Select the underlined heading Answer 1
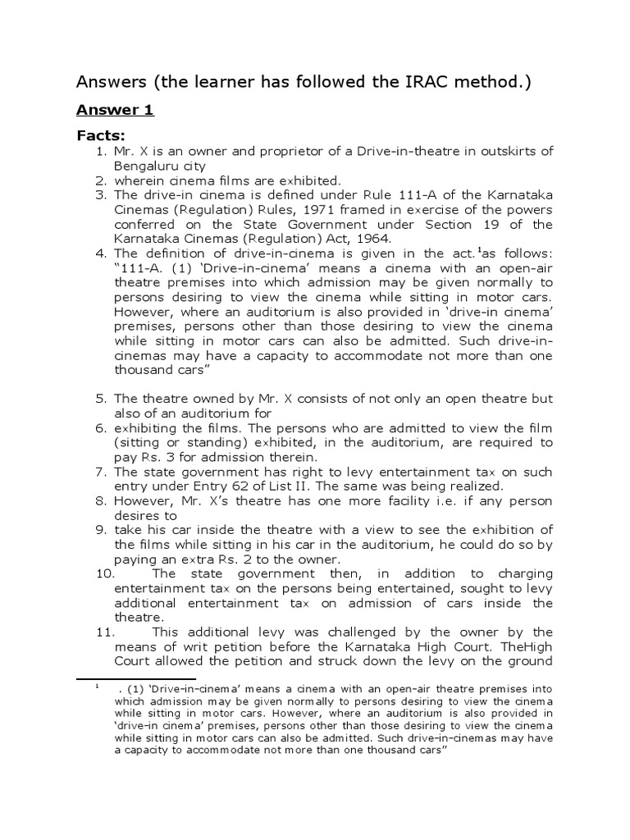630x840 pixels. pos(116,110)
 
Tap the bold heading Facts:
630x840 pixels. pos(105,135)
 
